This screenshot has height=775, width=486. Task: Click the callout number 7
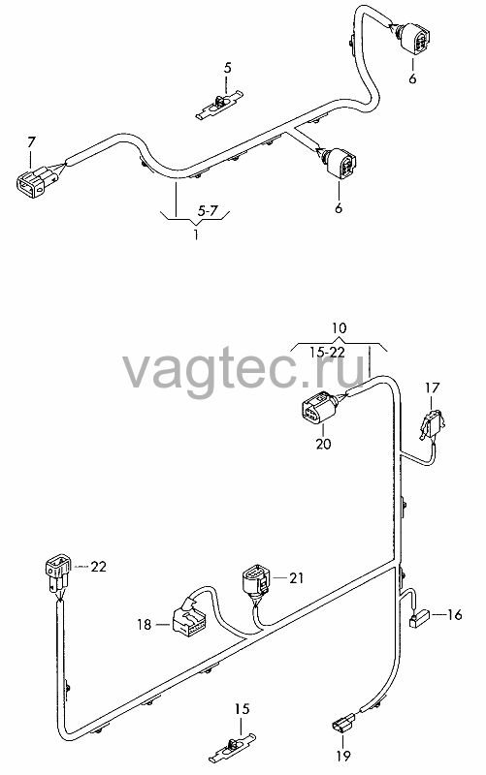(32, 142)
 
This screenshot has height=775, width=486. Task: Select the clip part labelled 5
(220, 106)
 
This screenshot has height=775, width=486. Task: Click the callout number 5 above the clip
(227, 68)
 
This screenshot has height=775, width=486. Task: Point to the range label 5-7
(208, 211)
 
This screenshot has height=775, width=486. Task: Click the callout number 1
(196, 233)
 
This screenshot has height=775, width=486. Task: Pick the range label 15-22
(327, 352)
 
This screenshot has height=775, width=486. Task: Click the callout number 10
(339, 327)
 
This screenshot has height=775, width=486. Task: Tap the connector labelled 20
(318, 408)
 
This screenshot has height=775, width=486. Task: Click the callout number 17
(432, 388)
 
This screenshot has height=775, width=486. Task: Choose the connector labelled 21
(256, 582)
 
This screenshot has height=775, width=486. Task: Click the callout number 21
(297, 577)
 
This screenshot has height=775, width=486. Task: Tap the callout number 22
(99, 567)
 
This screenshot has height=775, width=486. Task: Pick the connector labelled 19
(342, 724)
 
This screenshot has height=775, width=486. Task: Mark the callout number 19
(342, 756)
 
